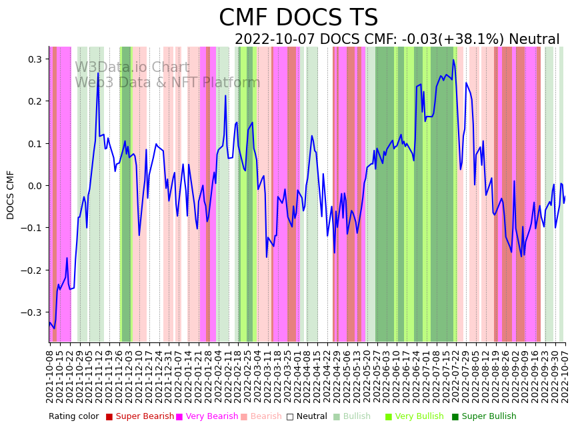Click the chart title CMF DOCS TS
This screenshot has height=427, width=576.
(x=298, y=18)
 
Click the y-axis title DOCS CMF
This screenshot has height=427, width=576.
(x=11, y=195)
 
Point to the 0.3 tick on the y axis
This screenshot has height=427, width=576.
(x=35, y=59)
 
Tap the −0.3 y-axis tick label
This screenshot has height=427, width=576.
(x=32, y=312)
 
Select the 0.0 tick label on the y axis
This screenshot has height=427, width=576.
(x=35, y=186)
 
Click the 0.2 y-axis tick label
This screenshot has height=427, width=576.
(x=35, y=101)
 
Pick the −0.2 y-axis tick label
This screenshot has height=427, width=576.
(x=32, y=270)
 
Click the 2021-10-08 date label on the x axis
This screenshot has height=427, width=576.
(x=49, y=374)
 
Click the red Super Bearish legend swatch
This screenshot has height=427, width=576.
(x=109, y=417)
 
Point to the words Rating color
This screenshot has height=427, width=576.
(x=73, y=417)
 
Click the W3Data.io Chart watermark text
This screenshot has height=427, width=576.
(x=132, y=67)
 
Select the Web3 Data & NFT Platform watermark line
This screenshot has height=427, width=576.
(x=167, y=83)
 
